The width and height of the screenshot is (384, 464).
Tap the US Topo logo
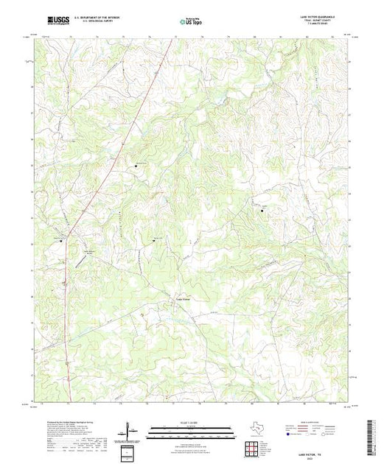click(x=191, y=23)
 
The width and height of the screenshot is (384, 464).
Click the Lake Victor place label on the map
click(x=182, y=298)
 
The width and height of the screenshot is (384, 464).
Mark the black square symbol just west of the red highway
click(x=61, y=240)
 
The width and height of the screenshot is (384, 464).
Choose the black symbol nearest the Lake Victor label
click(x=154, y=240)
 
